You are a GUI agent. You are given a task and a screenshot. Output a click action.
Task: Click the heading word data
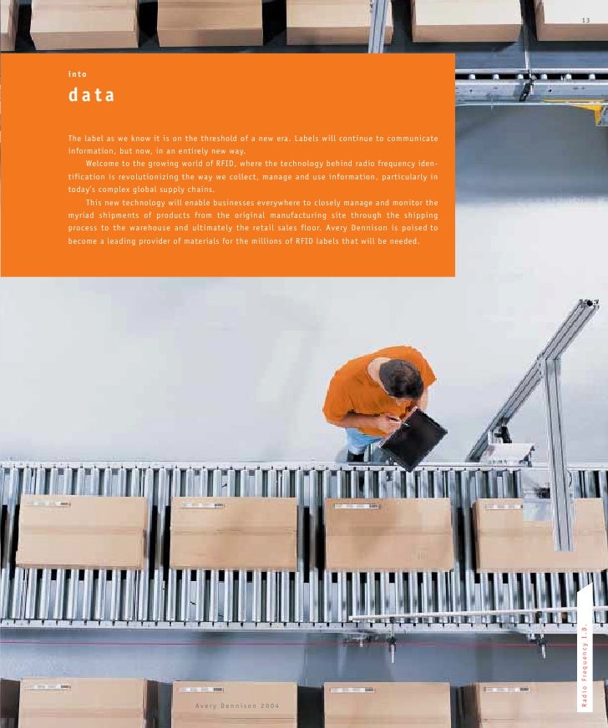[x=92, y=95]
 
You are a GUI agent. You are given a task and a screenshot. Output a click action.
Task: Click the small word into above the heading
[x=77, y=74]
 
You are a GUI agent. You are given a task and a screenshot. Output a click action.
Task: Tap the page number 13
[x=585, y=20]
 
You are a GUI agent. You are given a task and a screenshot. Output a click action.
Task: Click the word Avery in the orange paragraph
[x=337, y=228]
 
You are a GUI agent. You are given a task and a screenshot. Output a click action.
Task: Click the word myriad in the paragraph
[x=80, y=215]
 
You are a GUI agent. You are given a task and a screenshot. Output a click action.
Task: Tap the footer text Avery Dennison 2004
[x=237, y=705]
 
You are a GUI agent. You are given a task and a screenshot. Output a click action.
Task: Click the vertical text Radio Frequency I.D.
[x=585, y=665]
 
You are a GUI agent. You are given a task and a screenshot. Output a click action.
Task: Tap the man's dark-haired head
[x=400, y=378]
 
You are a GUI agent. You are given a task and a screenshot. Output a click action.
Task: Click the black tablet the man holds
[x=413, y=439]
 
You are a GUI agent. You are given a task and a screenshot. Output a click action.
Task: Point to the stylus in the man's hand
[x=399, y=421]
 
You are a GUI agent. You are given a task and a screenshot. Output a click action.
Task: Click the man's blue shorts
[x=362, y=440]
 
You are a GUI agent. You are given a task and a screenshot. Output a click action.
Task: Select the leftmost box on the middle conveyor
[x=82, y=532]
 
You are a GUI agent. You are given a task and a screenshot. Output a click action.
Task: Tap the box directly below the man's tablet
[x=388, y=534]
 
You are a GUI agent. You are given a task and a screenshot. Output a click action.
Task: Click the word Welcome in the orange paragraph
[x=102, y=164]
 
